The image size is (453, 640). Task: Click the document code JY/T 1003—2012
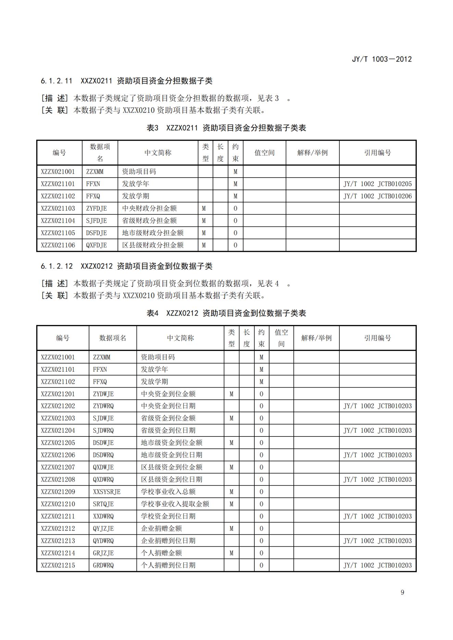click(382, 59)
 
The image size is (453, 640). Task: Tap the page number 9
click(402, 592)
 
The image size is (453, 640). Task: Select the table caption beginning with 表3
click(226, 128)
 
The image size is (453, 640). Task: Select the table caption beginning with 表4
click(226, 313)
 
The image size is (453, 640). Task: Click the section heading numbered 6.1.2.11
click(126, 81)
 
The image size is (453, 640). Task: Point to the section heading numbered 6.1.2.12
click(126, 266)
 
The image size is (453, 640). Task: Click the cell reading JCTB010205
click(378, 184)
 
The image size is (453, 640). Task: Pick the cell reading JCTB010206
click(378, 196)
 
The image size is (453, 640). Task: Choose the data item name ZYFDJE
click(97, 209)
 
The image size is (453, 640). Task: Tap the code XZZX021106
click(58, 245)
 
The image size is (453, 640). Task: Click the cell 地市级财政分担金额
click(153, 233)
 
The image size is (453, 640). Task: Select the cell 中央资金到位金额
click(168, 394)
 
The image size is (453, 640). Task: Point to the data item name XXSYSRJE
click(107, 492)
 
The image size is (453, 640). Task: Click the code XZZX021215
click(58, 565)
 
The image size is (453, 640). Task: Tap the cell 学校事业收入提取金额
click(175, 504)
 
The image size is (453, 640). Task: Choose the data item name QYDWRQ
click(103, 541)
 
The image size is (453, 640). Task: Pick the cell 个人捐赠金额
click(161, 553)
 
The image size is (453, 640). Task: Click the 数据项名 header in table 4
click(113, 338)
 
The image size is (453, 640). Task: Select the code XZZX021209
click(58, 492)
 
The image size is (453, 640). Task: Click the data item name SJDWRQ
click(103, 431)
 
